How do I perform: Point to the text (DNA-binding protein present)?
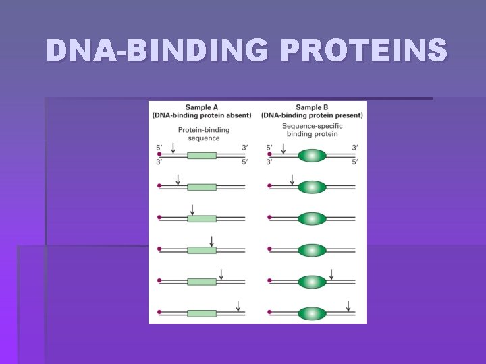pos(312,115)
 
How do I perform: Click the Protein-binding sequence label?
pos(204,134)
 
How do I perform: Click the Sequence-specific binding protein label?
pos(312,130)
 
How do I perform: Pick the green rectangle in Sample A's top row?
pos(202,156)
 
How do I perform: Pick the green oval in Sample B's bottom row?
pos(312,313)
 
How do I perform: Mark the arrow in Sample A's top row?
pos(173,148)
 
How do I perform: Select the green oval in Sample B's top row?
pos(312,156)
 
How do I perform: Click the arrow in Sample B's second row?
pos(292,179)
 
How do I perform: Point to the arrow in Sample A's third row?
pos(192,210)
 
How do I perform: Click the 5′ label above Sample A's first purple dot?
pos(159,147)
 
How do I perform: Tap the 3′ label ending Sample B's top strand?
pos(354,147)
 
